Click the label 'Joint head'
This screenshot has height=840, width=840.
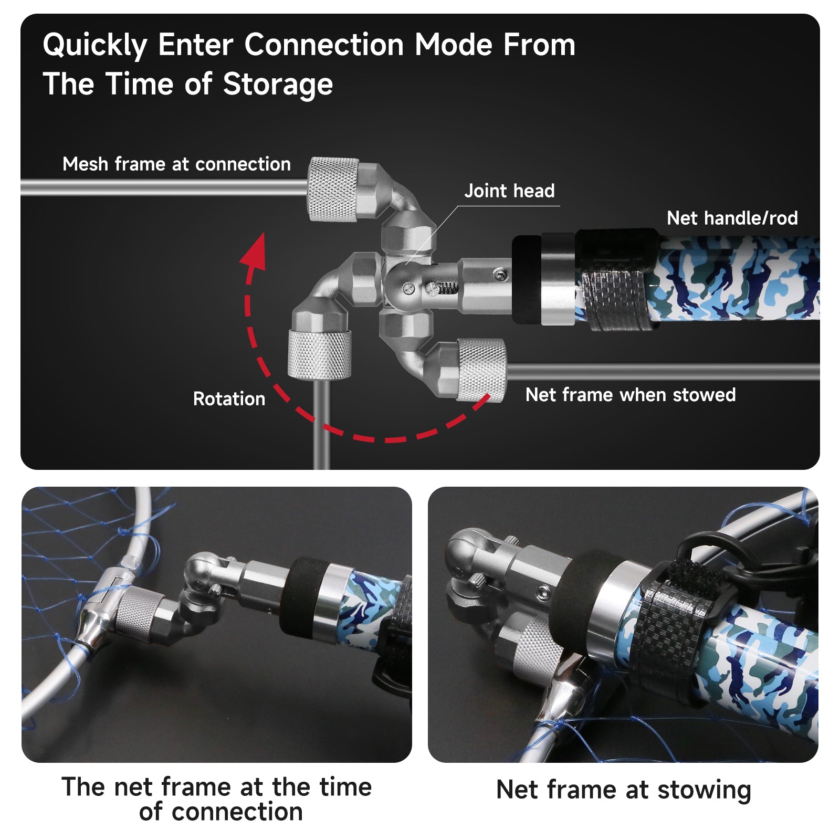509,191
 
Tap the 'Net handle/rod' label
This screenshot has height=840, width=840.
732,218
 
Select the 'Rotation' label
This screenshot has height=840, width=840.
229,398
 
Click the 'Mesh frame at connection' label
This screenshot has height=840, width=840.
176,164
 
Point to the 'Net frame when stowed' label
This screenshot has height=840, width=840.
631,394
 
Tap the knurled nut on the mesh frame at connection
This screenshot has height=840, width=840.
333,188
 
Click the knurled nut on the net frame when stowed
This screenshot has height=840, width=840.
480,370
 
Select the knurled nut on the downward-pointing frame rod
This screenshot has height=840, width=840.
320,354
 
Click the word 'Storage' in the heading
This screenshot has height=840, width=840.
278,85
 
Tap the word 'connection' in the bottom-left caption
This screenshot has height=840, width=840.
237,812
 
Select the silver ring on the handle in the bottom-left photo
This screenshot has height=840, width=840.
333,604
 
